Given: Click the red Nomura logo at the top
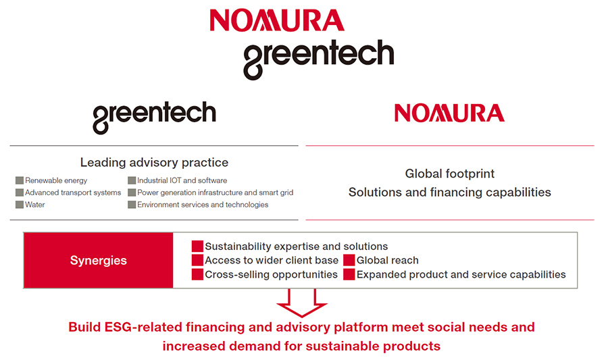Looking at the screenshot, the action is [277, 20].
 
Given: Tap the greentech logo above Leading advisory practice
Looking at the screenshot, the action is [154, 117].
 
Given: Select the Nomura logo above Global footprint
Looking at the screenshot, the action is [449, 113].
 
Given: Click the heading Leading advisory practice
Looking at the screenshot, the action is [154, 162].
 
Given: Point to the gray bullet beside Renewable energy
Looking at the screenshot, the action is [20, 180].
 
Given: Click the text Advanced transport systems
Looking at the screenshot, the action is [73, 192].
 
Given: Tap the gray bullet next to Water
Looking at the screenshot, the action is [20, 205].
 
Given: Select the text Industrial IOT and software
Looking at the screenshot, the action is [182, 180].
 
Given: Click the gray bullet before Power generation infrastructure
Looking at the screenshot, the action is [132, 192].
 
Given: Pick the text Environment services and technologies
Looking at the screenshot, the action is [203, 205].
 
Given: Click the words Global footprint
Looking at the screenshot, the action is [450, 174].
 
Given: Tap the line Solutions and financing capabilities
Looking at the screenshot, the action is [450, 192].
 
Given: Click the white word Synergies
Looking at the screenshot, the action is [99, 261].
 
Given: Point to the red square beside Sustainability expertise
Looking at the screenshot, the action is [197, 246].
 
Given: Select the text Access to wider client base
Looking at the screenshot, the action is [272, 261].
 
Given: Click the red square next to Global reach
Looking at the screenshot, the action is [349, 260].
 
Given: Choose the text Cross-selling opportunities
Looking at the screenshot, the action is [272, 275].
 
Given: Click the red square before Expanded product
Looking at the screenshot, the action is [349, 274].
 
